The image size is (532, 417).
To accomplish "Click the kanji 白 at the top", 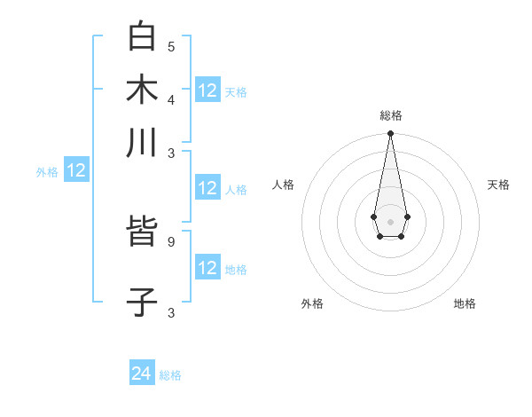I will point(142,36).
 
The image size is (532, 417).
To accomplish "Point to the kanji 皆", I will point(142,235).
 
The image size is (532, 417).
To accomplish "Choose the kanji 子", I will point(142,301).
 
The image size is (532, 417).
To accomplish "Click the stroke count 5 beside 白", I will point(171,46).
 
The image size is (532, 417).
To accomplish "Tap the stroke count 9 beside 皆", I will point(171,241).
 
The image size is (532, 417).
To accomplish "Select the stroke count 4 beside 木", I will point(171,98).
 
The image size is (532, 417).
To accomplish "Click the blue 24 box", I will point(142,374).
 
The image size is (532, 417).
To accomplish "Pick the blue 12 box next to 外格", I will point(76,171).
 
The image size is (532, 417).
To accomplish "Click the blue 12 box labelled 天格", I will point(207,90).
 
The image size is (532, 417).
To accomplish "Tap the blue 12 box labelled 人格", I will point(207,188).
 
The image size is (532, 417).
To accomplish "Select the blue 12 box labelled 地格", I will point(207,268).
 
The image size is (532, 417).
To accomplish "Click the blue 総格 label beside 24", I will point(170,375).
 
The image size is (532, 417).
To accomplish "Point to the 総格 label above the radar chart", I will point(391,115).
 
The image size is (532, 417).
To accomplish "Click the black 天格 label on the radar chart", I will point(498,185).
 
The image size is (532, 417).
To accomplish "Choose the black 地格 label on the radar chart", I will point(465,303).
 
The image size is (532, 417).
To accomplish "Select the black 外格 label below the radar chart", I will point(312,303).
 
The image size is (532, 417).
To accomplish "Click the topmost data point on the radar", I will point(390,134).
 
